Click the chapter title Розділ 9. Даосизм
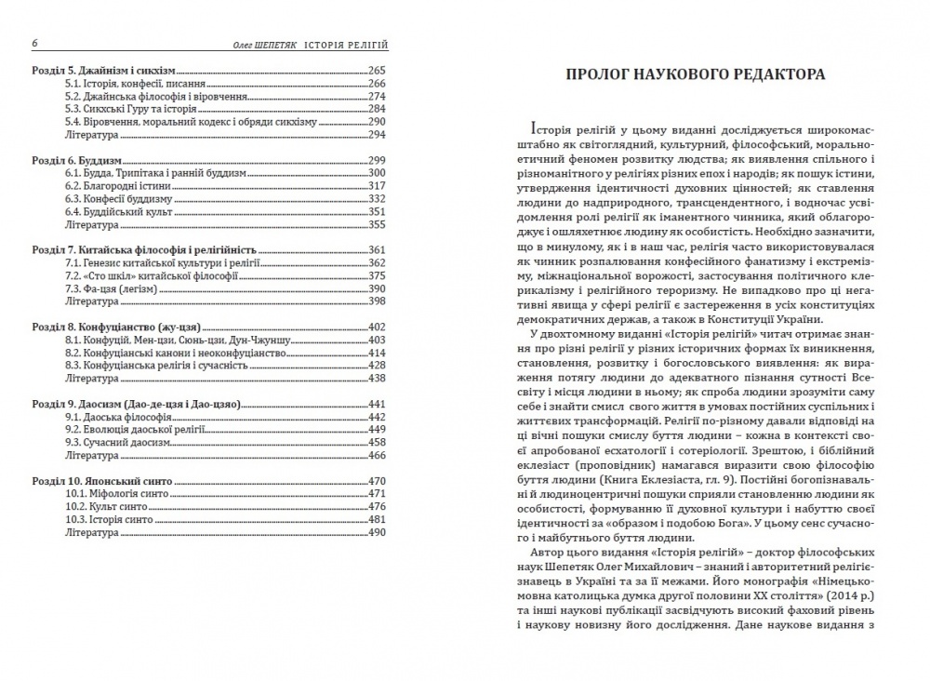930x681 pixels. click(136, 405)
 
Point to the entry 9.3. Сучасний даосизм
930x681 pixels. click(116, 443)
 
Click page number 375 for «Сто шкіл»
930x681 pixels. click(377, 276)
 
